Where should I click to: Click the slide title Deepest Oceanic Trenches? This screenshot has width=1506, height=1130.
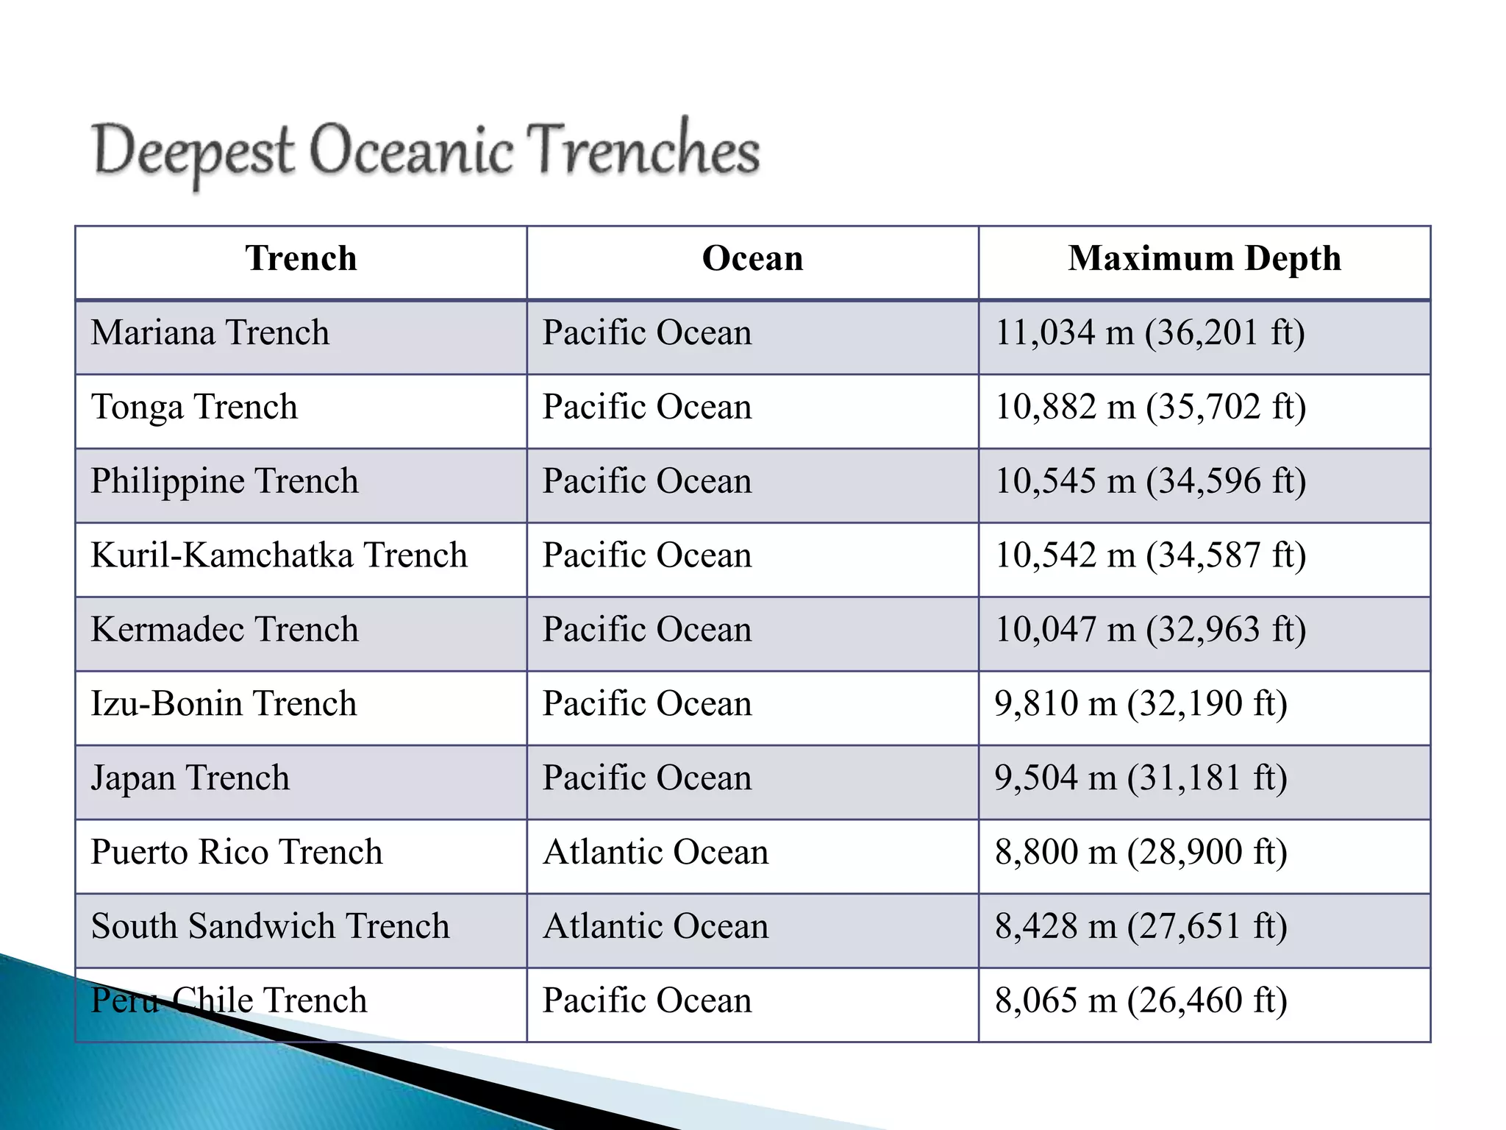[x=427, y=151]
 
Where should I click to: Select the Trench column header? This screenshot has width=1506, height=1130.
[x=301, y=259]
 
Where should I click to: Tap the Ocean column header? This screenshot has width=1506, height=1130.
[x=752, y=259]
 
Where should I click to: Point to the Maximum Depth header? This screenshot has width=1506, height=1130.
[x=1204, y=259]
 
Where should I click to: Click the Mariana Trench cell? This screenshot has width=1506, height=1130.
[x=210, y=333]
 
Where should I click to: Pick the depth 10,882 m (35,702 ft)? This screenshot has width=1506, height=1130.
[x=1150, y=408]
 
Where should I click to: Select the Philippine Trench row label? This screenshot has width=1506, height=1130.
[x=224, y=482]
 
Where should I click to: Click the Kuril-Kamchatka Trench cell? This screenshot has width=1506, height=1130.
[x=279, y=556]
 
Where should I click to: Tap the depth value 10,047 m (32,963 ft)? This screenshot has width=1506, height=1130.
[x=1150, y=630]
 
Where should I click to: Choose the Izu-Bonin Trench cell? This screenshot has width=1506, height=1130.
[x=224, y=704]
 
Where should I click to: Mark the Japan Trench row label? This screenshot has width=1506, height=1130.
[x=190, y=778]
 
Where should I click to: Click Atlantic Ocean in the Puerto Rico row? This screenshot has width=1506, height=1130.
[x=655, y=853]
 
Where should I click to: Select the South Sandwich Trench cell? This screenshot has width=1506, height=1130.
[x=270, y=927]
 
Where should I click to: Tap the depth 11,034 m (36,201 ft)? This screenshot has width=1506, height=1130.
[x=1149, y=333]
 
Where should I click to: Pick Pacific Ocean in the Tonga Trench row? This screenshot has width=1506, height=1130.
[x=647, y=408]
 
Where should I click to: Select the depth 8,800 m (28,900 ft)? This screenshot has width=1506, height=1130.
[x=1141, y=853]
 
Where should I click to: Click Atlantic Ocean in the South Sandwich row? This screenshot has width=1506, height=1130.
[x=655, y=927]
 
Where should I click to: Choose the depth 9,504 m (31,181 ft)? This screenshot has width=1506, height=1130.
[x=1141, y=778]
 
